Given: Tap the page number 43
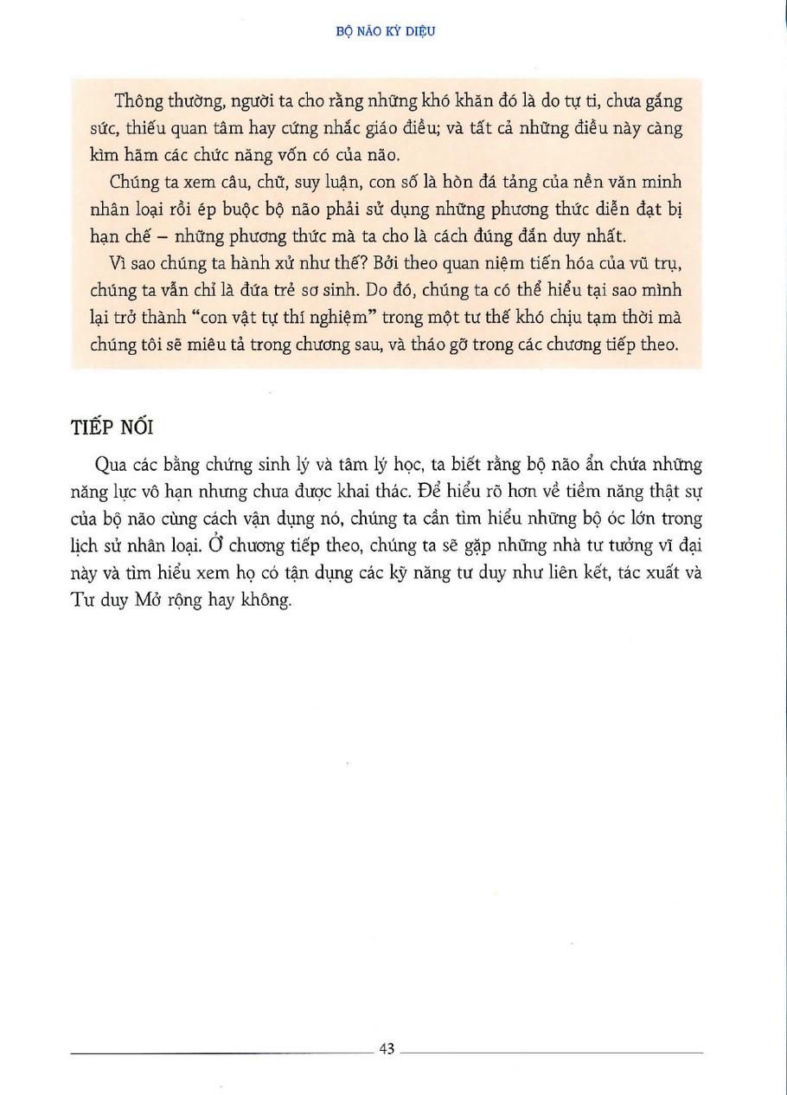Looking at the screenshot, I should click(x=387, y=1048).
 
